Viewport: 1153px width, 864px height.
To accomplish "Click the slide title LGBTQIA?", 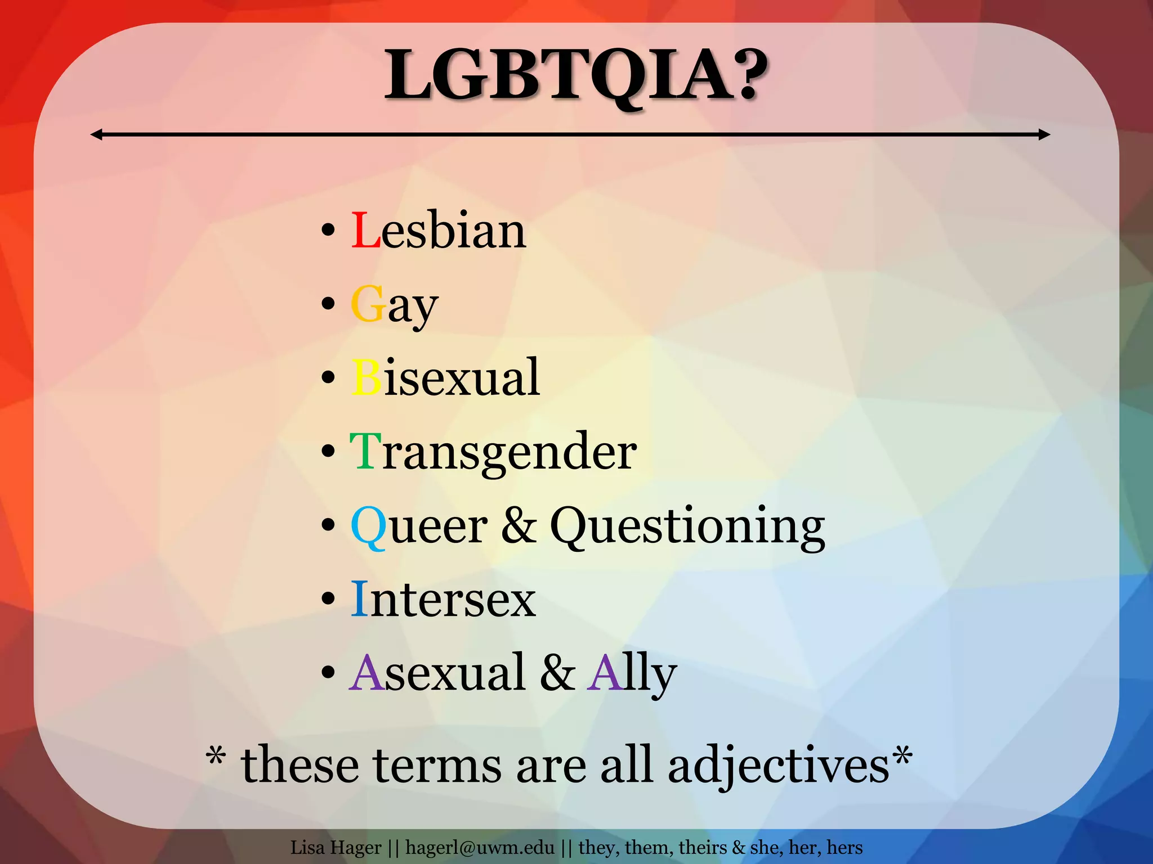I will click(x=575, y=75).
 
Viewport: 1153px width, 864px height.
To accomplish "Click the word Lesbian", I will click(x=439, y=231).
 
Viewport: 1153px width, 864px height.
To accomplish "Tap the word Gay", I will click(x=394, y=305).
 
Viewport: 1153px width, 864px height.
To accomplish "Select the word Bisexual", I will click(x=445, y=377).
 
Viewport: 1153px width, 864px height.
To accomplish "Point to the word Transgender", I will click(x=493, y=452).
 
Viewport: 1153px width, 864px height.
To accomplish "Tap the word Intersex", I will click(x=443, y=600).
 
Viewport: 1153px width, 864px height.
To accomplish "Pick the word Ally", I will click(x=631, y=674).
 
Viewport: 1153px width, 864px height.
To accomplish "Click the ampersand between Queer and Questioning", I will click(x=519, y=526).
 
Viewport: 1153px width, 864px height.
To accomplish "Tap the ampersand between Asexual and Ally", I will click(x=557, y=673).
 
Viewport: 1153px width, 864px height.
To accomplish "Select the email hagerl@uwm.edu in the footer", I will click(x=480, y=847).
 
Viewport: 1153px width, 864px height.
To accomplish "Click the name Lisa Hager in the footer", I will click(x=336, y=847).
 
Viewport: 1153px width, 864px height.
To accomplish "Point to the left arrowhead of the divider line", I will click(x=96, y=134).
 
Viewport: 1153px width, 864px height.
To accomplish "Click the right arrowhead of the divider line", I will click(x=1044, y=134).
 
